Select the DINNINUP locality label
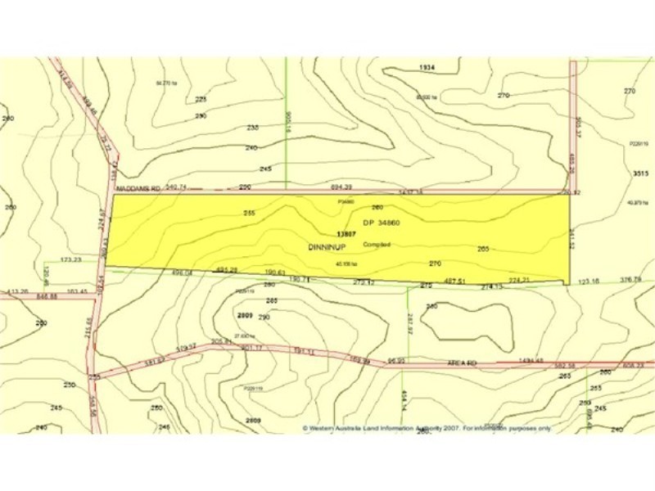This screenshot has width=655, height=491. coord(324,246)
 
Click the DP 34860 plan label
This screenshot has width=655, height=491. coord(381,223)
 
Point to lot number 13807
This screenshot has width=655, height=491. coord(346,233)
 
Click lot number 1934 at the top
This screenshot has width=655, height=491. coord(426,66)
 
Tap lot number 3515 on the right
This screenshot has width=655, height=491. coord(640,173)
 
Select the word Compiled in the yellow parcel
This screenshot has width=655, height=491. coord(377,244)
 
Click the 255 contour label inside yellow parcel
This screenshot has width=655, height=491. coord(250,213)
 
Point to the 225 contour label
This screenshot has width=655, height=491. coord(201,99)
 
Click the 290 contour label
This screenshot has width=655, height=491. coord(264,317)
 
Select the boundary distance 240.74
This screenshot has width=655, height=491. coord(177,187)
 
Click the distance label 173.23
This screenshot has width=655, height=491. coord(70,259)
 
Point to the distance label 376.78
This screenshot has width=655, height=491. coord(630,280)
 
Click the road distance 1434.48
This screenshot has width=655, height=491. coord(531,360)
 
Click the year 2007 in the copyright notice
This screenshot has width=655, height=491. coord(451,427)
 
